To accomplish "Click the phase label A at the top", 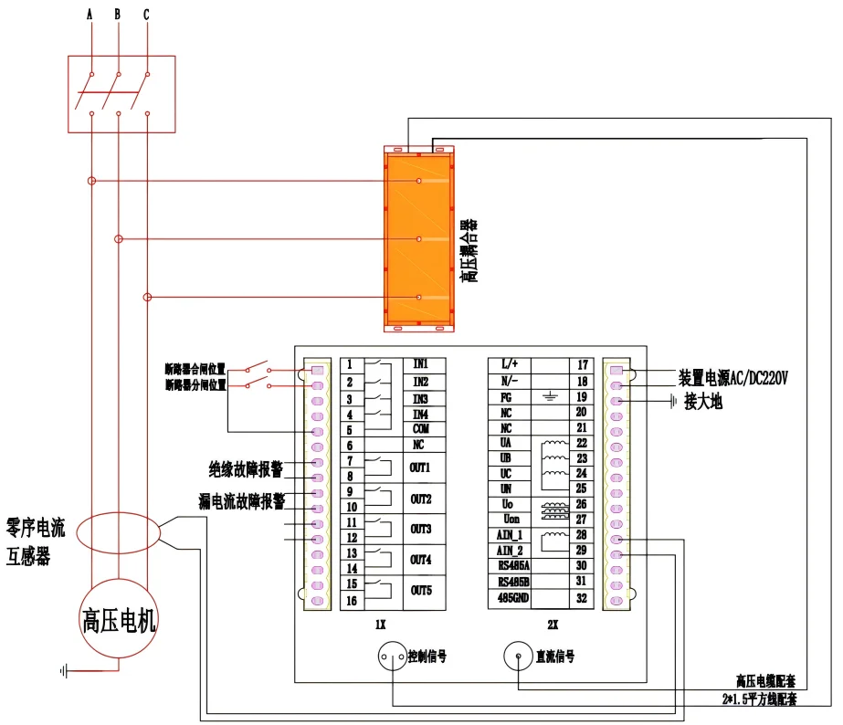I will (x=90, y=16).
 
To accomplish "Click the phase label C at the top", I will (x=146, y=16).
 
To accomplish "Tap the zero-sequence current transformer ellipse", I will (x=118, y=532).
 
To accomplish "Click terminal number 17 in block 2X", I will (x=582, y=365).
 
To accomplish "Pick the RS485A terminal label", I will (x=513, y=565).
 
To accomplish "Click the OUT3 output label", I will (x=420, y=529).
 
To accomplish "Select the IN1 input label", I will (x=420, y=364).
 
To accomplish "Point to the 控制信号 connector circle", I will (x=393, y=656).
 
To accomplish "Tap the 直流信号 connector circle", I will (x=518, y=656).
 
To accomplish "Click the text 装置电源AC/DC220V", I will (x=732, y=378).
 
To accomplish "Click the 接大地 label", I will (x=703, y=402).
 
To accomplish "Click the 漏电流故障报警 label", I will (x=242, y=501).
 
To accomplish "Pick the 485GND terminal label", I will (x=513, y=598).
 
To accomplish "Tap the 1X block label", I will (x=380, y=625).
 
